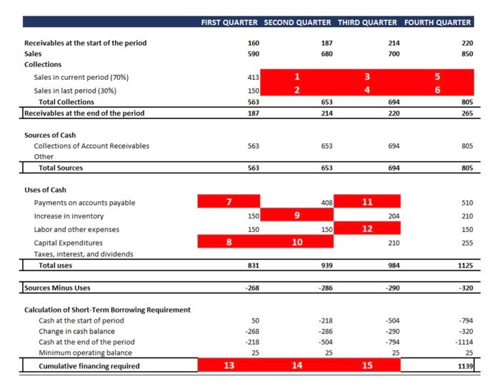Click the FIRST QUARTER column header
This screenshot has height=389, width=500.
pyautogui.click(x=230, y=22)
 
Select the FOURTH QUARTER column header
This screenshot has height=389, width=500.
pyautogui.click(x=438, y=22)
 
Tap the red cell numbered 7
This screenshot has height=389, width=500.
pyautogui.click(x=229, y=202)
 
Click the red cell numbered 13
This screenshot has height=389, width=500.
pyautogui.click(x=229, y=365)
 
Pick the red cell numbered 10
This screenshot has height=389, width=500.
pyautogui.click(x=297, y=242)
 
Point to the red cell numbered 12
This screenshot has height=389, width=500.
pyautogui.click(x=367, y=228)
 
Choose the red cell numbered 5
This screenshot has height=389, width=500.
pyautogui.click(x=438, y=76)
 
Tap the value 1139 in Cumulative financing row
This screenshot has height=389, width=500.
pyautogui.click(x=465, y=366)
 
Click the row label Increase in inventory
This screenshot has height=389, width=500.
pyautogui.click(x=69, y=216)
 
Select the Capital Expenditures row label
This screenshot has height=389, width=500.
pyautogui.click(x=65, y=243)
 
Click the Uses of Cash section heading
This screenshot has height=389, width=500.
pyautogui.click(x=45, y=189)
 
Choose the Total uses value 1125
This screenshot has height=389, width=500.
pyautogui.click(x=464, y=266)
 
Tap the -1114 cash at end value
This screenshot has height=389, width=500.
pyautogui.click(x=464, y=342)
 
